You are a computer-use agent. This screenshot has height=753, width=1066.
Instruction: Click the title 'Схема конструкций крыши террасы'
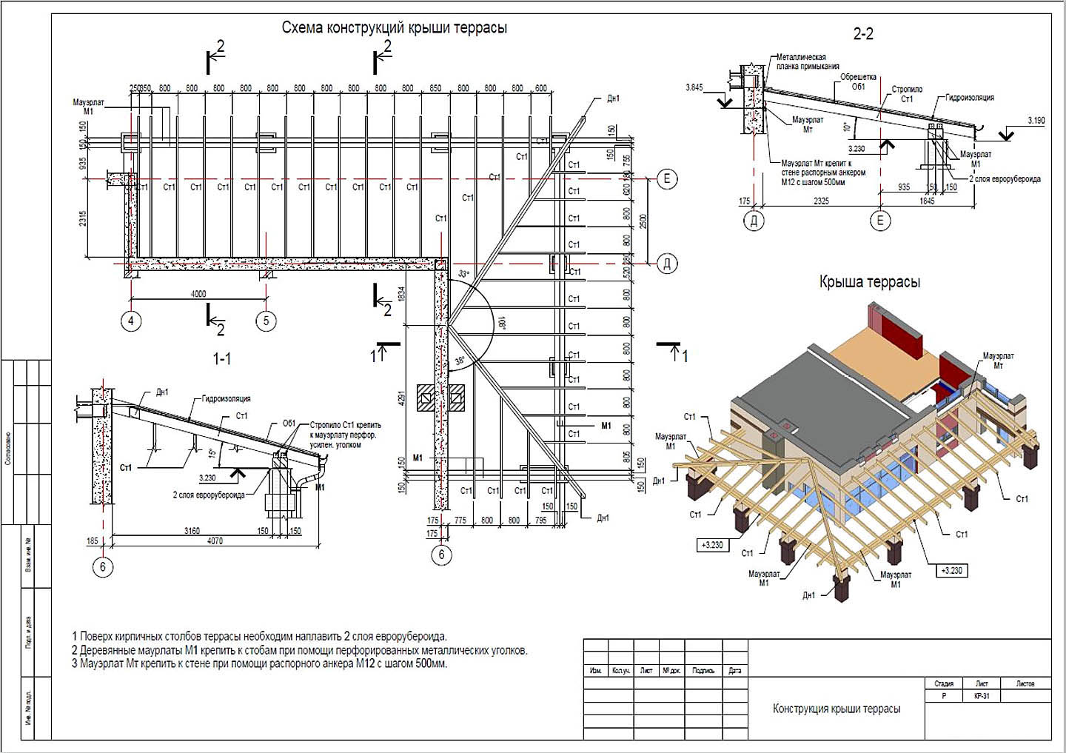[394, 28]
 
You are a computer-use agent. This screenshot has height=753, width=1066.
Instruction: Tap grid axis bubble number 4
[131, 321]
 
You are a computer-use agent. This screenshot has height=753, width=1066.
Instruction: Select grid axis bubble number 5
[266, 321]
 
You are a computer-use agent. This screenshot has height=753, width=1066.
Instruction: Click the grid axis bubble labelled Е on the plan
[667, 178]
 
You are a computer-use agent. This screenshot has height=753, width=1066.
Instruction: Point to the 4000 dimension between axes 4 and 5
[198, 294]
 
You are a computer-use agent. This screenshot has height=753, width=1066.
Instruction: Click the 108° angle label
[501, 324]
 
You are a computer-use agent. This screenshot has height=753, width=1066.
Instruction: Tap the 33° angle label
[463, 274]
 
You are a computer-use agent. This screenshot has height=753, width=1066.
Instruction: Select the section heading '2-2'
[863, 34]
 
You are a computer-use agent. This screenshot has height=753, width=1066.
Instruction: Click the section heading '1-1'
[222, 359]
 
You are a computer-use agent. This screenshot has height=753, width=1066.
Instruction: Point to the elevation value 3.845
[694, 87]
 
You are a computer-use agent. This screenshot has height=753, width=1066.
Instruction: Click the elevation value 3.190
[1036, 120]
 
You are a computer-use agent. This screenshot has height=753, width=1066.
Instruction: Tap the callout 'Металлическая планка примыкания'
[801, 61]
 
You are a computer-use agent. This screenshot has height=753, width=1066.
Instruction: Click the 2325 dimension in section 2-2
[820, 201]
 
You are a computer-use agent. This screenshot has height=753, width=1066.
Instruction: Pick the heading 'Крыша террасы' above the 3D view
[869, 282]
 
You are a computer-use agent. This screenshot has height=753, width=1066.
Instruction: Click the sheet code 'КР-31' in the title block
[982, 697]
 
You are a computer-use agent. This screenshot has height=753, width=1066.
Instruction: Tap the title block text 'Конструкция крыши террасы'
[837, 709]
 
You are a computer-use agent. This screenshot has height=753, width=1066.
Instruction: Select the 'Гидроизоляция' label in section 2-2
[969, 98]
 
